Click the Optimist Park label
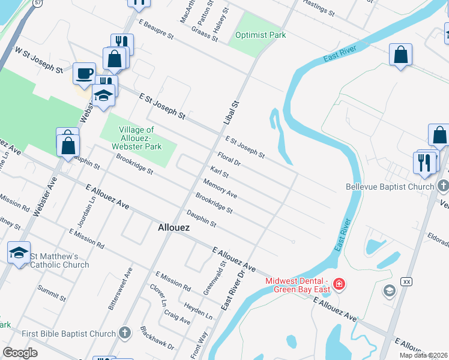click(x=261, y=35)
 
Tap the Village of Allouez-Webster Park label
click(x=137, y=138)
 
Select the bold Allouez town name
click(x=174, y=228)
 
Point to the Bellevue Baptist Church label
click(x=390, y=187)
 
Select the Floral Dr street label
click(x=229, y=159)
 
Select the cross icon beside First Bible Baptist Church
click(x=124, y=333)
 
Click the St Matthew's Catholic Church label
click(x=59, y=260)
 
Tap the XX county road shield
click(x=407, y=281)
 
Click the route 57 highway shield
click(x=37, y=3)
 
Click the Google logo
click(x=20, y=353)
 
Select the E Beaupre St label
click(x=155, y=29)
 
